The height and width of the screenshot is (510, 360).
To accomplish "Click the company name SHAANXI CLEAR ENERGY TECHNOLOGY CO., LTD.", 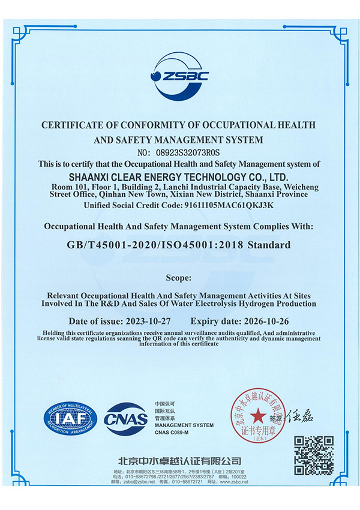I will pyautogui.click(x=179, y=178).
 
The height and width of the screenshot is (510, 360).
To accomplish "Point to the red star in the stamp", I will pyautogui.click(x=257, y=414).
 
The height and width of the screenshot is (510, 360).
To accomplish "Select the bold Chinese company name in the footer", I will pyautogui.click(x=180, y=461).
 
